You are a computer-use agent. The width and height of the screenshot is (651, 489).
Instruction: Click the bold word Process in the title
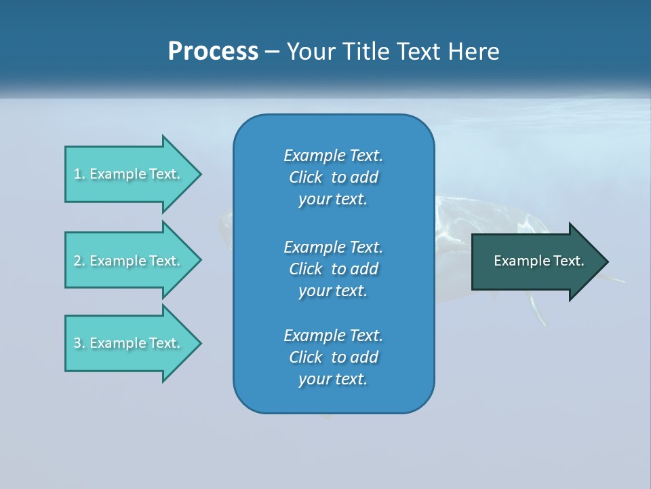click(213, 52)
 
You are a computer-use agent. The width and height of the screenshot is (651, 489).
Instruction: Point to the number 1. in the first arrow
click(79, 174)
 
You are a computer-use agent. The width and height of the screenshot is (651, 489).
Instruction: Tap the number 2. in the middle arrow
click(79, 261)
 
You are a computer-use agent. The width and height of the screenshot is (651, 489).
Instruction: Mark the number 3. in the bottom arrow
click(79, 343)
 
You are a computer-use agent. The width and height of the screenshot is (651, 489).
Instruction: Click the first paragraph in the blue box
click(333, 177)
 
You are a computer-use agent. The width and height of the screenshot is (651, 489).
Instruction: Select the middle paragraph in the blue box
click(333, 269)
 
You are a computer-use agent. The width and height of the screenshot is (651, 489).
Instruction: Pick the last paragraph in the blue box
click(333, 357)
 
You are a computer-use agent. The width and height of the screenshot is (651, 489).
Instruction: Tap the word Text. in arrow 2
click(165, 261)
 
